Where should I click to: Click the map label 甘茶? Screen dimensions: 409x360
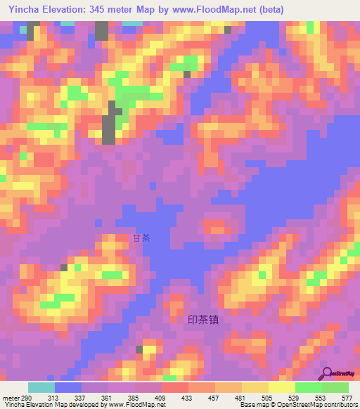tap(141, 238)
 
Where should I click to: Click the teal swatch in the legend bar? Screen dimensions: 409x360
tap(41, 387)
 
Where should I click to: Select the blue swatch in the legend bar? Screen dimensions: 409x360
tap(68, 387)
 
